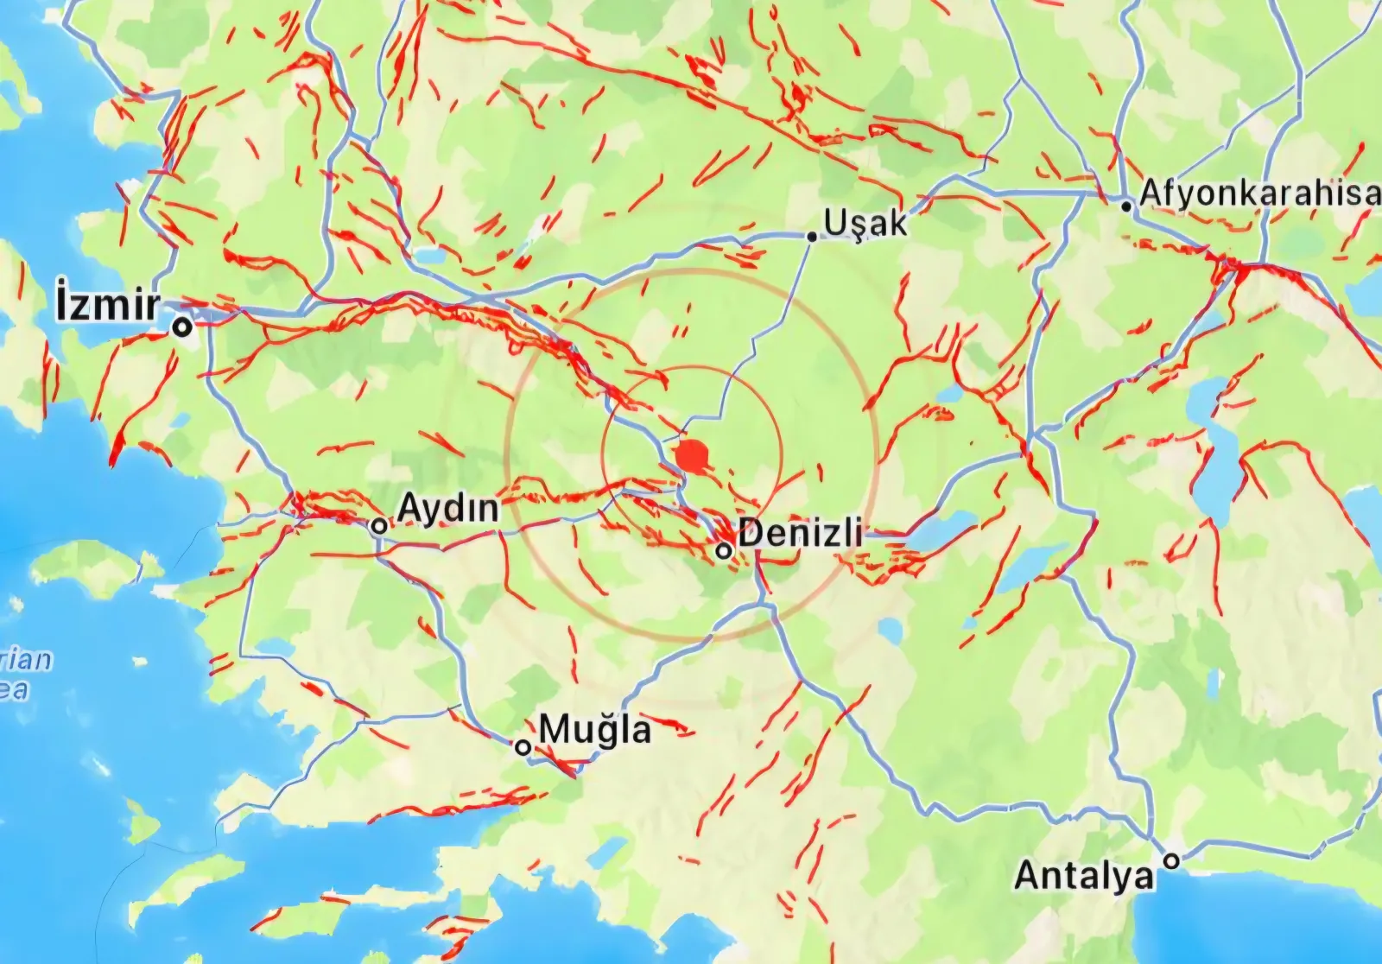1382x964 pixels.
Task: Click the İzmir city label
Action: point(109,305)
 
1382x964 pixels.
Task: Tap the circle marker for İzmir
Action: point(181,327)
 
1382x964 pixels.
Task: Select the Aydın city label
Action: point(448,508)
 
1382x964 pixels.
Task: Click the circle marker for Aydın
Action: point(378,525)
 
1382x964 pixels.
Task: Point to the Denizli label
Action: point(800,532)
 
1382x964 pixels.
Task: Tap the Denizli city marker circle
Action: point(725,550)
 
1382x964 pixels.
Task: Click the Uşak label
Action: point(865,222)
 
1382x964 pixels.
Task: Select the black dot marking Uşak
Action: point(812,236)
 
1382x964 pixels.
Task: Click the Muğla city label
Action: point(595,730)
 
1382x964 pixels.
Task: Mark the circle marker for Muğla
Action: point(523,747)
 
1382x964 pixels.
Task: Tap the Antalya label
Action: point(1084,875)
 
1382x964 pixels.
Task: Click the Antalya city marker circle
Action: point(1171,860)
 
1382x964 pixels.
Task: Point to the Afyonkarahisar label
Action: point(1259,193)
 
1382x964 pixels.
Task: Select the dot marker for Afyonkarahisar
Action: point(1126,206)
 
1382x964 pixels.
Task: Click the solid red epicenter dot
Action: point(691,456)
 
